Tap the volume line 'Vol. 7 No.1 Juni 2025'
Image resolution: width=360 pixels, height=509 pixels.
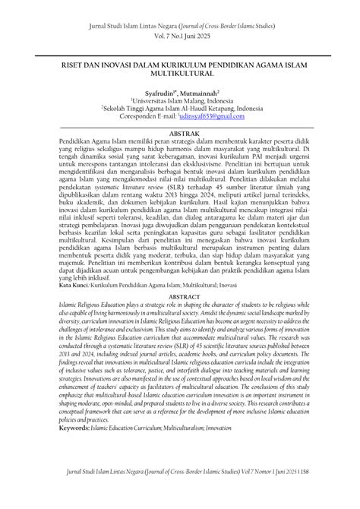click(x=180, y=35)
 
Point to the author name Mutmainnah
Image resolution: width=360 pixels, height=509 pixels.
click(x=202, y=92)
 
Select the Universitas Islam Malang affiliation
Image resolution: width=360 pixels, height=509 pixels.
click(x=181, y=100)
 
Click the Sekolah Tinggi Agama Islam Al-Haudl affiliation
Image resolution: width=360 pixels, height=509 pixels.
click(x=181, y=109)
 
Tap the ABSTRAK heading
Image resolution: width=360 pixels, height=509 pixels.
click(x=180, y=131)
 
